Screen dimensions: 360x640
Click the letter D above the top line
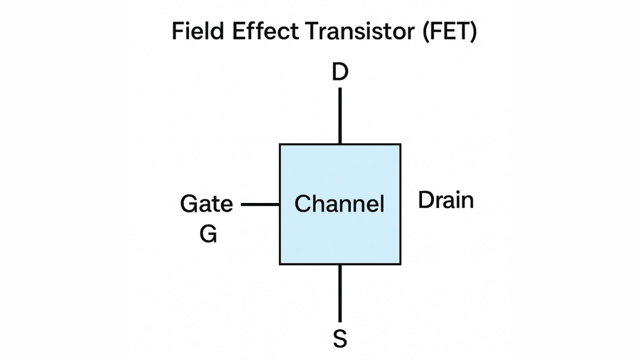(340, 73)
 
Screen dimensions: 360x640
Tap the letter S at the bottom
(340, 339)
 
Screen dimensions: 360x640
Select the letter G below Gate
(208, 233)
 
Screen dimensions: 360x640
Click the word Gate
(206, 204)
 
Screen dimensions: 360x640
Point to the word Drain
(445, 200)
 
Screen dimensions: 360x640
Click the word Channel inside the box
(339, 204)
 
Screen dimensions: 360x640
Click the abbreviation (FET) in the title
(449, 31)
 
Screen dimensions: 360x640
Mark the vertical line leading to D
(340, 116)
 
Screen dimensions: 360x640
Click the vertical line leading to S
(340, 293)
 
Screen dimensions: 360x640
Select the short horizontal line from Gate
(260, 204)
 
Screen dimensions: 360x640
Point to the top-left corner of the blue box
(280, 144)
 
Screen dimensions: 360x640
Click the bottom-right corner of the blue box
(400, 264)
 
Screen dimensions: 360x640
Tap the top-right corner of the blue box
(400, 144)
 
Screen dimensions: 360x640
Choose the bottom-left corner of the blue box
(280, 264)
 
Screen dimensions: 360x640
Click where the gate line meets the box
(279, 204)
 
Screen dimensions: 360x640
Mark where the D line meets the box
(340, 144)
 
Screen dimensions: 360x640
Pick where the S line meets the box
(340, 264)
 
